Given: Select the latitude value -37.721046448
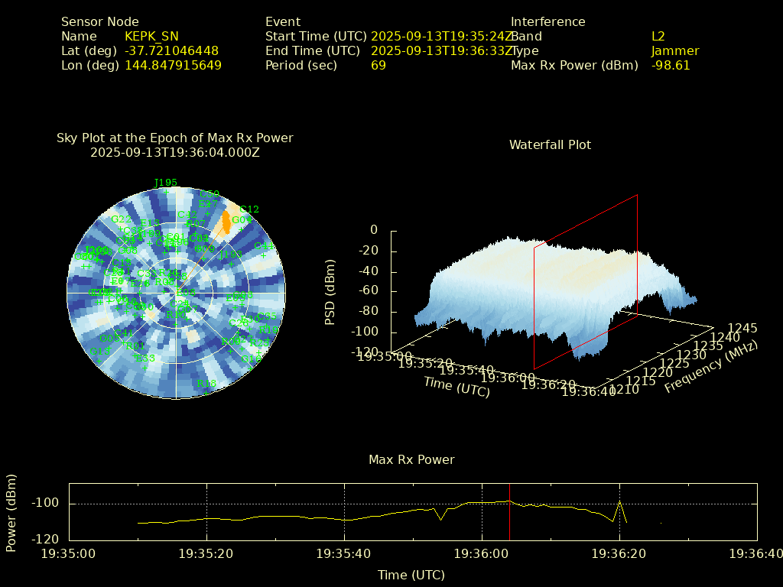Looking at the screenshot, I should point(171,50).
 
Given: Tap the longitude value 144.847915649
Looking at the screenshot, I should point(173,65).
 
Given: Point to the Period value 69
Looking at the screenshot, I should point(378,65).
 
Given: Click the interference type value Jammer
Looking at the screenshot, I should point(675,50).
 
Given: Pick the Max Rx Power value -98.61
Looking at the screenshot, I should point(671,65).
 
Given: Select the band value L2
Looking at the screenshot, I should point(658,36).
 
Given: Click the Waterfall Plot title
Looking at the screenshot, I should point(550,144).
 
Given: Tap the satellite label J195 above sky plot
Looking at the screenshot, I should point(166,183).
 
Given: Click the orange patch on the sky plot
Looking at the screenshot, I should point(226,222).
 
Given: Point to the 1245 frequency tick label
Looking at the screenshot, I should point(742,328).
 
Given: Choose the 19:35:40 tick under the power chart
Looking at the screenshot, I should point(344,552).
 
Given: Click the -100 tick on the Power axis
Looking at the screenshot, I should point(47,503).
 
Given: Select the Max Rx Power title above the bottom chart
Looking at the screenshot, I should point(411,459).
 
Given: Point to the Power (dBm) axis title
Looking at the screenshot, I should point(11,512).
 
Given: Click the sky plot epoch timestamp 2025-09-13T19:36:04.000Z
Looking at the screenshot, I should point(175,152).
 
